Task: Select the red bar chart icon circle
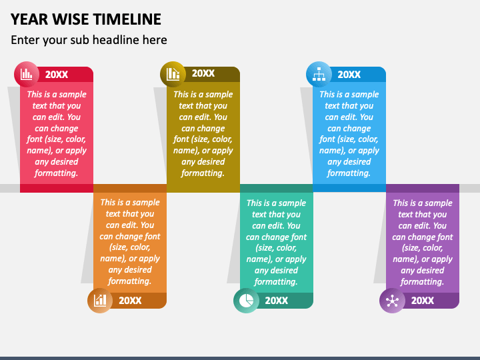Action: (27, 74)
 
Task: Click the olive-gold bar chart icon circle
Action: (173, 74)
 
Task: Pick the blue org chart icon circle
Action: (319, 74)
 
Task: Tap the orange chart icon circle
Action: (100, 300)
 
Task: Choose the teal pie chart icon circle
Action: (246, 300)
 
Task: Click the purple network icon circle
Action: (392, 300)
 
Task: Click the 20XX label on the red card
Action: (57, 75)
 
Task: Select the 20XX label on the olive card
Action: (203, 73)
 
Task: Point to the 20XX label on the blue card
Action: (349, 75)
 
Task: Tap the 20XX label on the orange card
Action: (130, 301)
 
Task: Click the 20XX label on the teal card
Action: (277, 301)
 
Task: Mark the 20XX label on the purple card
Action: (423, 301)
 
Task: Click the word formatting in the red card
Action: (56, 173)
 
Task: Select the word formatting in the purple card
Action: (422, 281)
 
